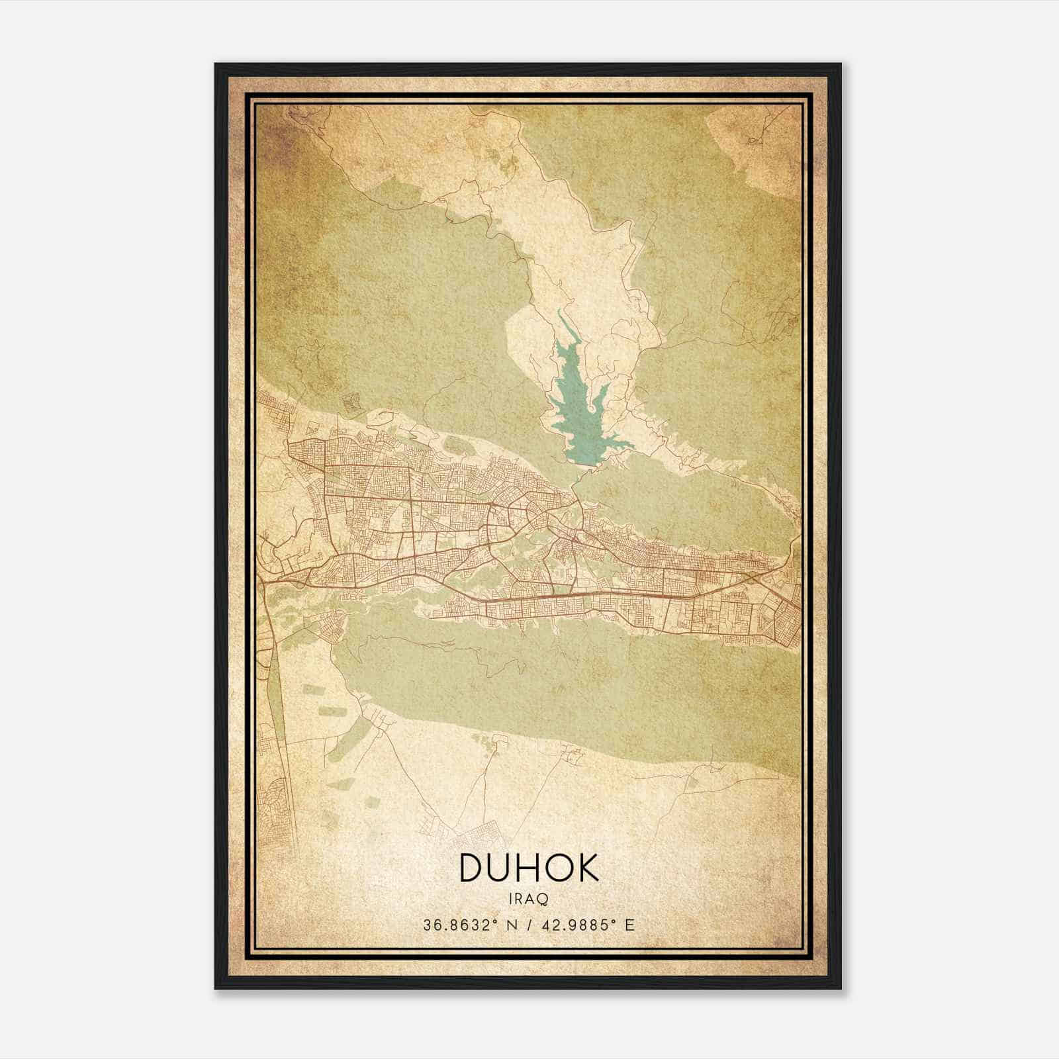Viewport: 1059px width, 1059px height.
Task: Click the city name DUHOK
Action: click(528, 868)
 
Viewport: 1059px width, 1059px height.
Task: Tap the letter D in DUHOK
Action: click(474, 868)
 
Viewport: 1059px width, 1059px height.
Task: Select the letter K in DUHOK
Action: click(584, 868)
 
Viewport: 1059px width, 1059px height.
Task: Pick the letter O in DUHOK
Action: click(557, 868)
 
